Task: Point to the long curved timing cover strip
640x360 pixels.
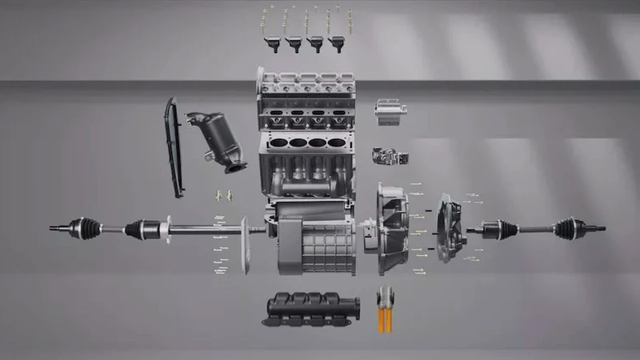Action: coord(174,148)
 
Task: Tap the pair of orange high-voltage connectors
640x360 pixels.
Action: coord(386,308)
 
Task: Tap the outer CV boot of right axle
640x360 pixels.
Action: coord(569,227)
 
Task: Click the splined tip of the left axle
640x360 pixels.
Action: coord(55,228)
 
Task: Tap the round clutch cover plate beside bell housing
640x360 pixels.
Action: coord(450,230)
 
